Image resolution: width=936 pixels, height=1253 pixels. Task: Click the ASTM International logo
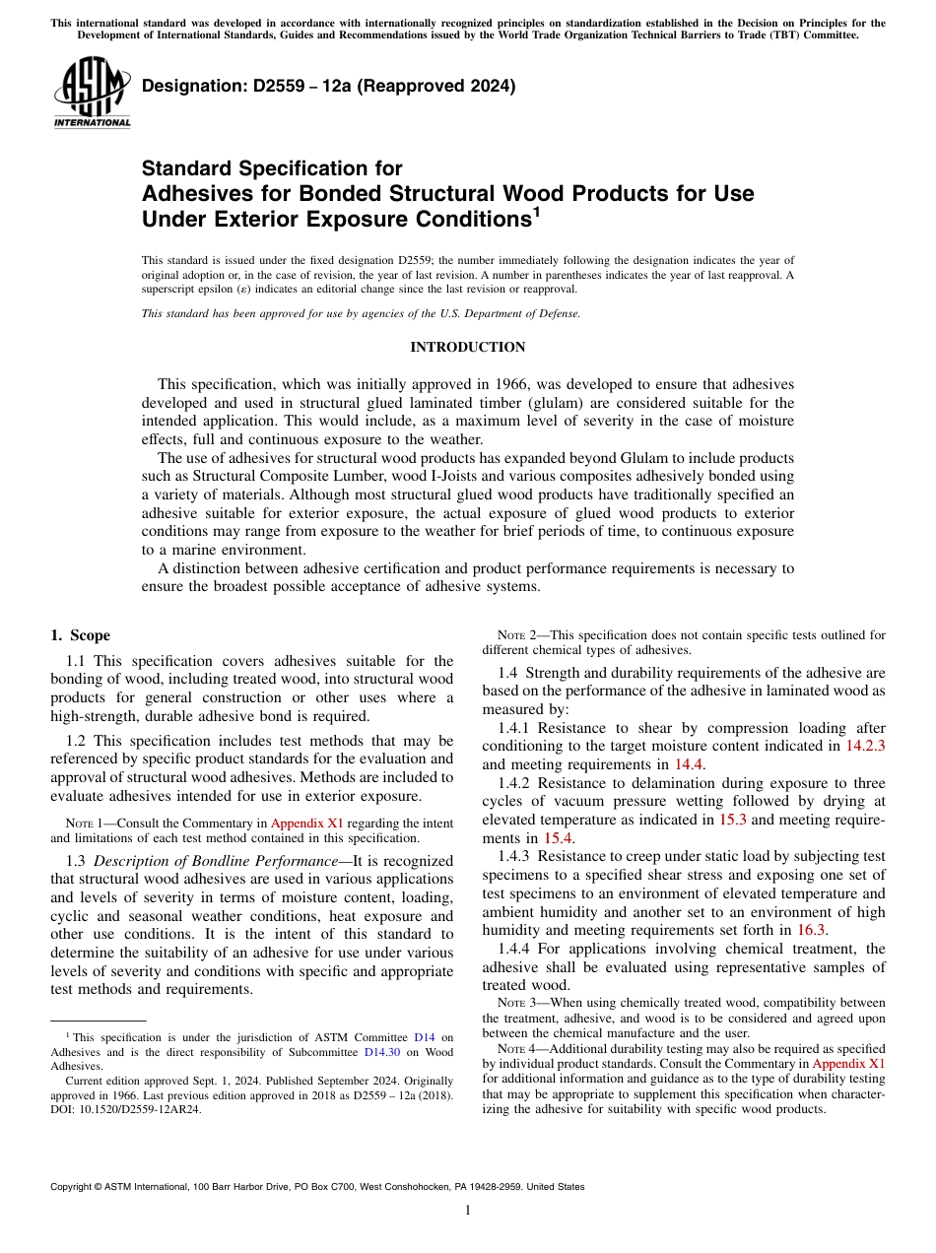(92, 94)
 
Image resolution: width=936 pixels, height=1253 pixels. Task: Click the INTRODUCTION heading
(467, 347)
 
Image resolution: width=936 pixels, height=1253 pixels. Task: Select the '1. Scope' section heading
(81, 635)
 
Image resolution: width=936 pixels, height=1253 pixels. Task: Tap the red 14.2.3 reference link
(865, 746)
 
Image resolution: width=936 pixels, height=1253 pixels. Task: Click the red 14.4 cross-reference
(689, 763)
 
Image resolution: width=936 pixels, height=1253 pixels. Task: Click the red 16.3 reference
(811, 929)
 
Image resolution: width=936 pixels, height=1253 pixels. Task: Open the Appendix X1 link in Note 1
(306, 824)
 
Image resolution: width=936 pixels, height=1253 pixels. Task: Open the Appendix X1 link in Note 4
(848, 1064)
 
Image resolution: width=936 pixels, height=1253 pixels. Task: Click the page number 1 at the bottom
(468, 1211)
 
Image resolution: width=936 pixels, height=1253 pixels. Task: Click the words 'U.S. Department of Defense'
(512, 313)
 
